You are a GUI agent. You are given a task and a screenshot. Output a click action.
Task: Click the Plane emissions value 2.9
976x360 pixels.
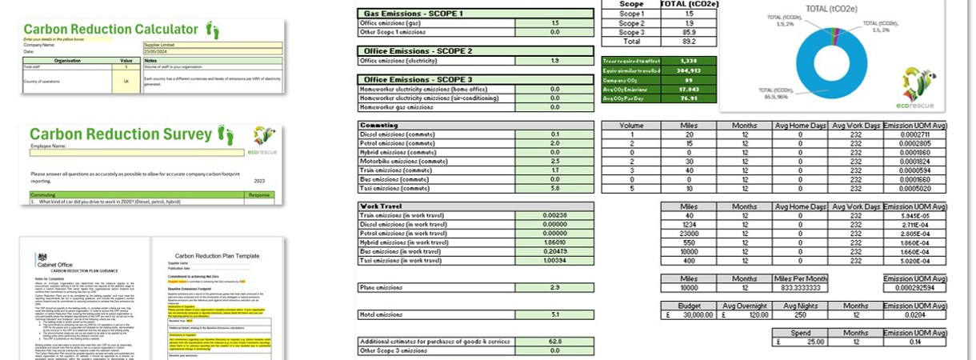[555, 287]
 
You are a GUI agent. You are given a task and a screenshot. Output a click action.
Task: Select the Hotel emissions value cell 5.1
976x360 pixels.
[555, 314]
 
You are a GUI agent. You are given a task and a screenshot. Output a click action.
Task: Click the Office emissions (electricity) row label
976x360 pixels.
[435, 60]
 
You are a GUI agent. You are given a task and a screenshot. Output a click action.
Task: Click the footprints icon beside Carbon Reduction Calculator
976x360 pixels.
[212, 30]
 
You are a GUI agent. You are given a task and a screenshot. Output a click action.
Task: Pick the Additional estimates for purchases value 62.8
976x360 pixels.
[555, 341]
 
